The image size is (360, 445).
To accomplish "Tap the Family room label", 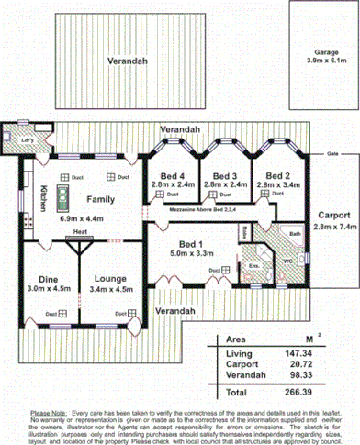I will pos(101,198).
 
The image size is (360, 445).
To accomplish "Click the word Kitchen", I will pos(42,198).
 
